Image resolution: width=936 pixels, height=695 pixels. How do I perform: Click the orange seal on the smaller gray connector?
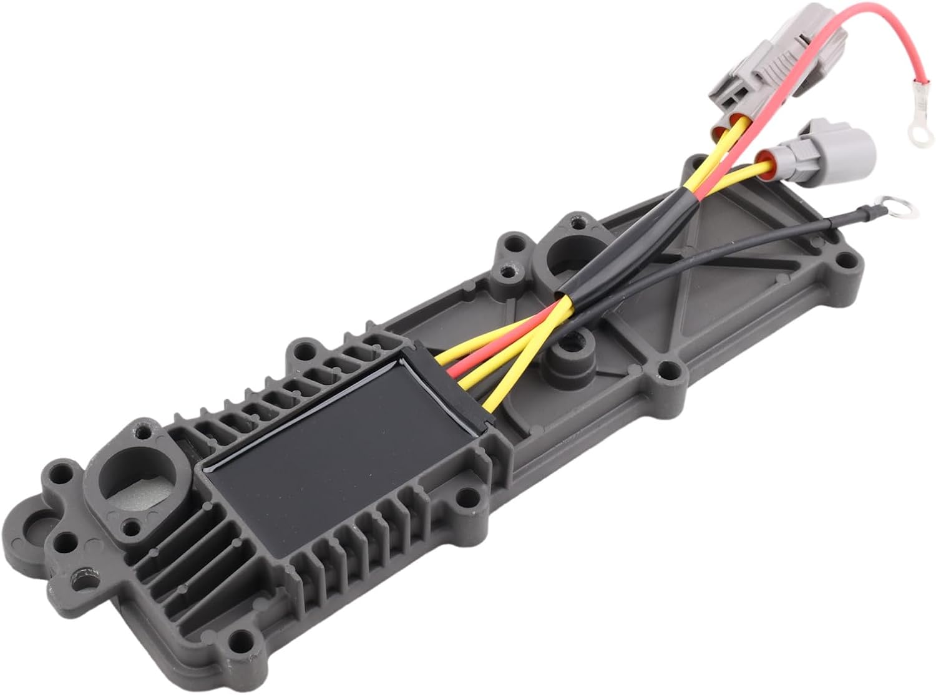(x=766, y=161)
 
